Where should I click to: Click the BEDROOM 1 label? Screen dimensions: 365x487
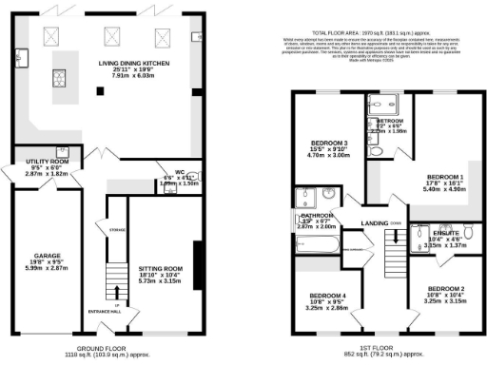[445, 178]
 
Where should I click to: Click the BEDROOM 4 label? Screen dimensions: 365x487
[326, 296]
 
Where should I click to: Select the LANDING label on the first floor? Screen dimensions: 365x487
[375, 223]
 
